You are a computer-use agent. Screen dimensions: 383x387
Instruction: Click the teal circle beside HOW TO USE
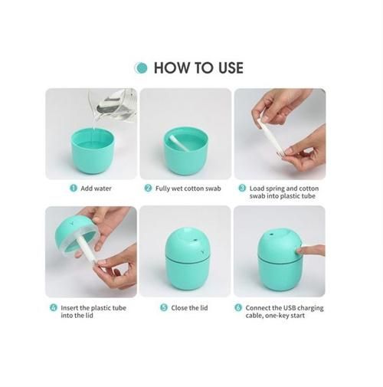pos(141,68)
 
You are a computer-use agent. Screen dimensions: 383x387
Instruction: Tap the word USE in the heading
pos(231,68)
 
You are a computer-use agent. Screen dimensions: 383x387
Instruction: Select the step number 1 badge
pos(74,189)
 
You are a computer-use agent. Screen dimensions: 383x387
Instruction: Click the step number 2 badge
pos(148,189)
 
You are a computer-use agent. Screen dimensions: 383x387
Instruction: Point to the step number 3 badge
pos(242,189)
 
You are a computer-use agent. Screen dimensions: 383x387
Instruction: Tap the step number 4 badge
pos(54,307)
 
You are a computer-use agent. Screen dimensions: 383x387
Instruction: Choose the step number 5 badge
pos(164,307)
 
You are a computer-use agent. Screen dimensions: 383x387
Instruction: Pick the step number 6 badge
pos(238,307)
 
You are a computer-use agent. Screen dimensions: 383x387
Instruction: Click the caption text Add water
pos(96,189)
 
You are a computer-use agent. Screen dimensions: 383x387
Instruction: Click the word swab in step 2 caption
pos(213,189)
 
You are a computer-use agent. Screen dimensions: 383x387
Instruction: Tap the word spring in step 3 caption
pos(275,189)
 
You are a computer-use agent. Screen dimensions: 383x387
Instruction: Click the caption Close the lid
pos(189,308)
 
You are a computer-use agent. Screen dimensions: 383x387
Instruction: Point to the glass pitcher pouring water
pos(113,105)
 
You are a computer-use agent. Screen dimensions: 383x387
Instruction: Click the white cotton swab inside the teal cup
pos(179,143)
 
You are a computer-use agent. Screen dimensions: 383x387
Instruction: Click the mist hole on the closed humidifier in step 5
pos(195,240)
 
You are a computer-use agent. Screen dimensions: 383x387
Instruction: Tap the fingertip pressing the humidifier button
pos(300,250)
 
